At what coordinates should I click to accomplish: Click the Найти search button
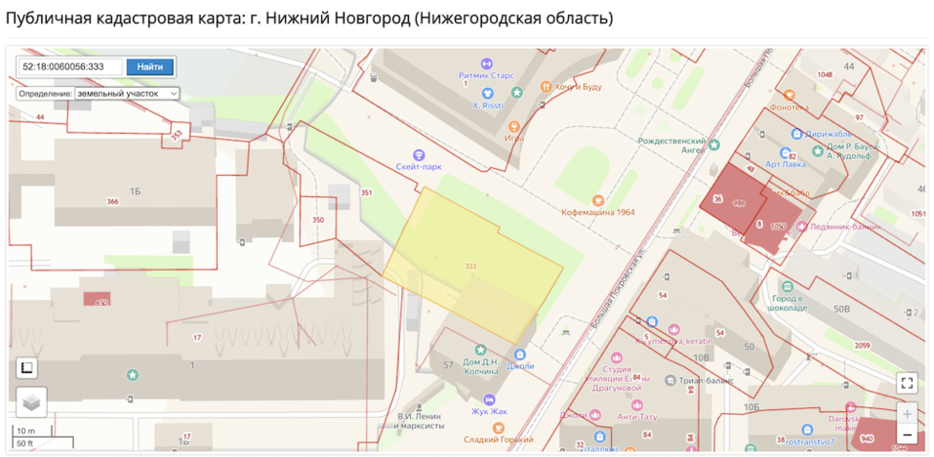pos(149,66)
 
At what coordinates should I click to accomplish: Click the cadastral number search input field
pos(70,66)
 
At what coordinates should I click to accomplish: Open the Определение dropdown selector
pos(127,93)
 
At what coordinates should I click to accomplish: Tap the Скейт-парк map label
pos(420,166)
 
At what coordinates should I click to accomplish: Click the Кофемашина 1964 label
pos(597,211)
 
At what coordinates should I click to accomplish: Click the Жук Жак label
pos(490,412)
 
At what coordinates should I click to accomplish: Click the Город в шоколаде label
pos(789,303)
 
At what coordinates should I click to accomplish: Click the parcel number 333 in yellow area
pos(470,267)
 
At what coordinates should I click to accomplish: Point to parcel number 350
pos(318,221)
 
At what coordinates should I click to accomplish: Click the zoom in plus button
pos(907,413)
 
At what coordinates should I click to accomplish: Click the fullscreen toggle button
pos(907,382)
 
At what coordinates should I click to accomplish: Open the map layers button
pos(31,401)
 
